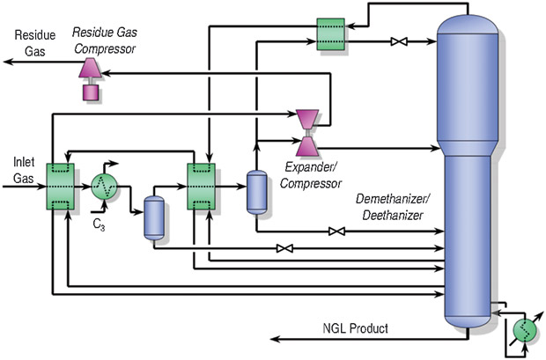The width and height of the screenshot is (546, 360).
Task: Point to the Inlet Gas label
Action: pos(22,169)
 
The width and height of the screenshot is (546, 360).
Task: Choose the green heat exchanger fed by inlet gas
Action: pos(60,187)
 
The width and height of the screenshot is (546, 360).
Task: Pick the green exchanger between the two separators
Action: pos(203,187)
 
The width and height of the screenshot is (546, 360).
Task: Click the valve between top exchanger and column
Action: pos(398,40)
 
